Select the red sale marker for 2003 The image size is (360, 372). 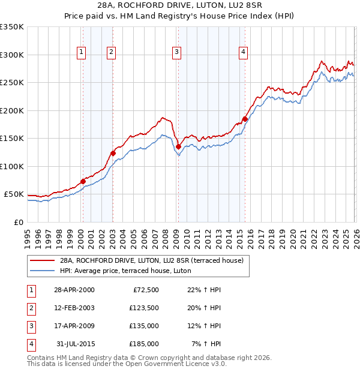(113, 153)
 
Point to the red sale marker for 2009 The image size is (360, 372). (178, 146)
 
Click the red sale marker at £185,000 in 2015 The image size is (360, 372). (245, 119)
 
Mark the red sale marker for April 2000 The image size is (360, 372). (83, 181)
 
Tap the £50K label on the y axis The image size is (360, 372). (14, 194)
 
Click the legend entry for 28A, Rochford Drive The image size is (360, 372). (151, 260)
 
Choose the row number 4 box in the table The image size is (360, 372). (30, 344)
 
